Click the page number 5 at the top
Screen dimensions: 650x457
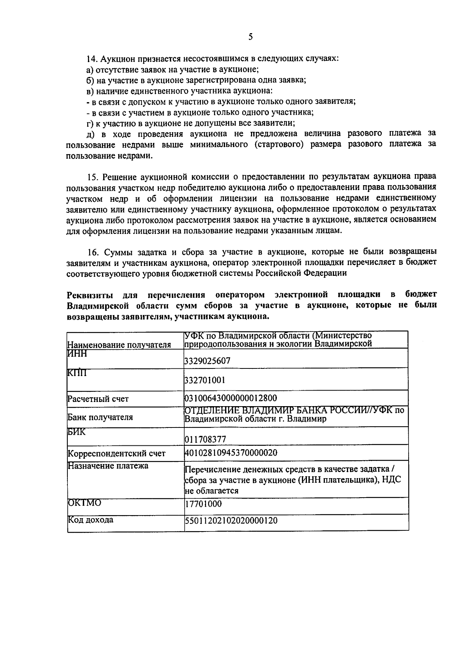click(x=250, y=37)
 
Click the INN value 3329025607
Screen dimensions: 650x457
click(x=207, y=361)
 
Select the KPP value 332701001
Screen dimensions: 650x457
click(x=205, y=380)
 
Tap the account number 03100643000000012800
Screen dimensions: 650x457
click(x=230, y=398)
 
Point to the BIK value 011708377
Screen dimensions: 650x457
click(x=205, y=439)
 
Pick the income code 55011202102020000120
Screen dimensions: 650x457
click(x=231, y=520)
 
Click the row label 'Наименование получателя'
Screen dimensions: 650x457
click(x=119, y=345)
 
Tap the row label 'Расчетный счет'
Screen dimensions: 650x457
click(x=98, y=399)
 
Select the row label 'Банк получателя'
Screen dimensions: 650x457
click(x=100, y=417)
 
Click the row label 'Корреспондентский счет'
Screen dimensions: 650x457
click(x=117, y=454)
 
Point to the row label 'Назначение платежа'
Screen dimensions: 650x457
click(x=108, y=466)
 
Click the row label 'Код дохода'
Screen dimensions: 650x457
click(x=90, y=520)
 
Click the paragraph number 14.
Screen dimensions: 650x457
click(x=91, y=59)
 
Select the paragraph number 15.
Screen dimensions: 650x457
click(x=91, y=177)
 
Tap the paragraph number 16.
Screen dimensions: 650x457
click(x=91, y=252)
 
